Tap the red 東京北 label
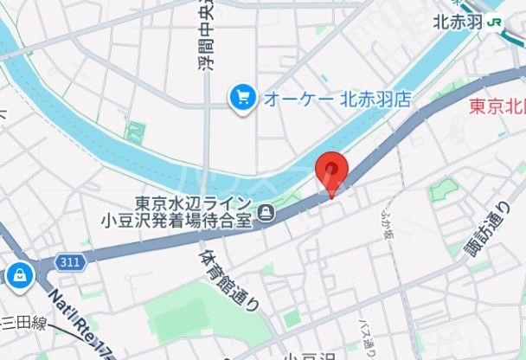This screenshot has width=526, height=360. coord(497,106)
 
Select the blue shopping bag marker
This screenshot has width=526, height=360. coord(17,276)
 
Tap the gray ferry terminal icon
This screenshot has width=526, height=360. coord(268,211)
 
